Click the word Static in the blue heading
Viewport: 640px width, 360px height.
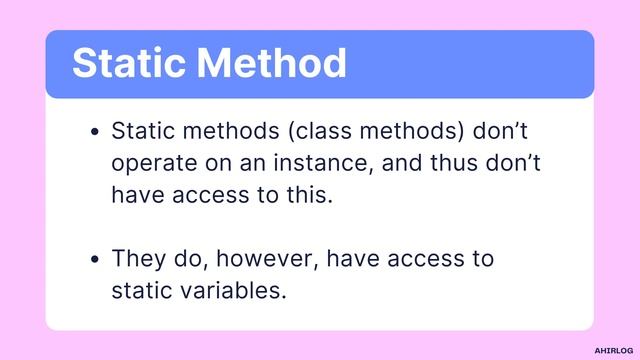tap(128, 64)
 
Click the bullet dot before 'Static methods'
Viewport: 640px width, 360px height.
tap(95, 132)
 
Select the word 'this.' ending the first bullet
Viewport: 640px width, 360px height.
tap(303, 194)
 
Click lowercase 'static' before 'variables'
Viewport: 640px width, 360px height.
tap(141, 292)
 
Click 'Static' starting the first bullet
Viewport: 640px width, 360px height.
tap(141, 131)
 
